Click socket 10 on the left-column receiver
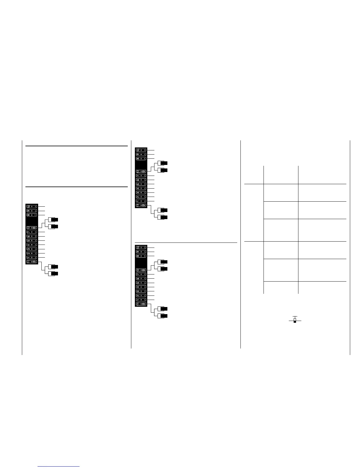click(32, 206)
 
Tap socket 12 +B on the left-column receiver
click(32, 228)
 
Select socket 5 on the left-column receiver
click(32, 241)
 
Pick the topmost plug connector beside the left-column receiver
click(54, 220)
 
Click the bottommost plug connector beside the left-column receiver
click(54, 273)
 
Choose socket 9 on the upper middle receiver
click(141, 154)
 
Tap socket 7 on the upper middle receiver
click(141, 176)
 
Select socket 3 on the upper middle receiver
click(141, 192)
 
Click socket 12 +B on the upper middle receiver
click(141, 171)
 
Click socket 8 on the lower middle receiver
click(141, 256)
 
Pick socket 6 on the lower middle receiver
click(141, 279)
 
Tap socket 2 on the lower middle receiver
click(141, 295)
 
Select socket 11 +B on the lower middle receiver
click(141, 304)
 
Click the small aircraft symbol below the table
click(295, 320)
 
